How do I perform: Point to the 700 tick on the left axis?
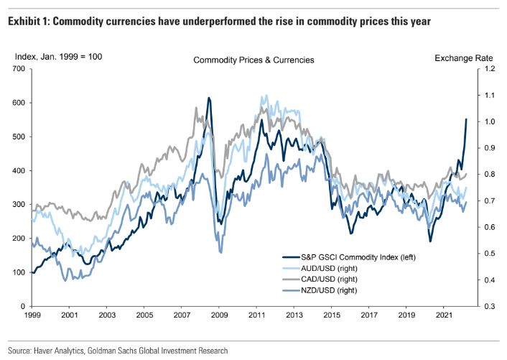(17, 69)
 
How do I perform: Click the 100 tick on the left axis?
(17, 272)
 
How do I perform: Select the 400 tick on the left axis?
(17, 171)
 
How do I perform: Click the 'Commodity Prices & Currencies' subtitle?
(253, 60)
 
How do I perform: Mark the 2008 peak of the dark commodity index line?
(209, 98)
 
